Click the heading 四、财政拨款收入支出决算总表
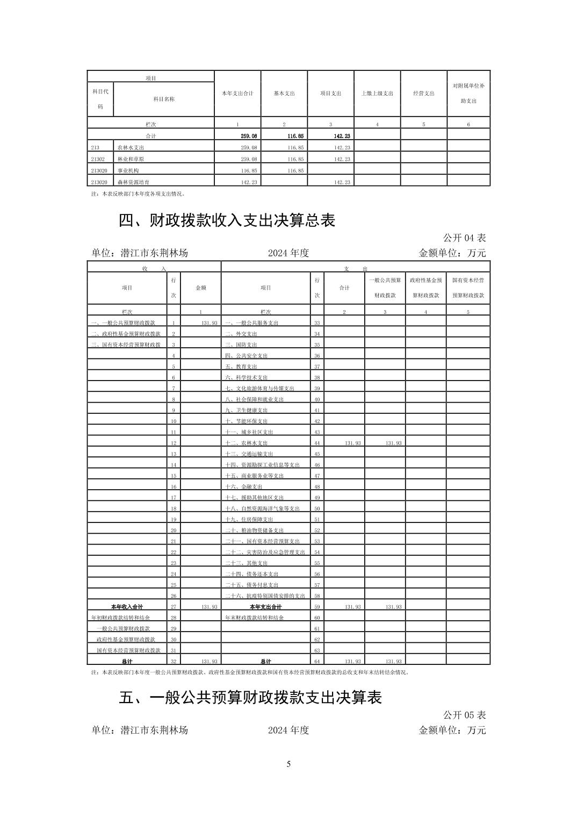pyautogui.click(x=227, y=221)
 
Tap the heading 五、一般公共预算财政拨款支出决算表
pyautogui.click(x=250, y=698)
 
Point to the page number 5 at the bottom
pyautogui.click(x=288, y=764)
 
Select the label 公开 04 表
pyautogui.click(x=464, y=238)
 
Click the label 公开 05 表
pyautogui.click(x=464, y=715)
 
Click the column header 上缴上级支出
pyautogui.click(x=377, y=94)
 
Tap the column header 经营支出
pyautogui.click(x=423, y=94)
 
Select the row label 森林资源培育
pyautogui.click(x=133, y=182)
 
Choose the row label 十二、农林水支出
pyautogui.click(x=246, y=443)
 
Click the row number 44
pyautogui.click(x=317, y=443)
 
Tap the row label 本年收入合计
pyautogui.click(x=127, y=607)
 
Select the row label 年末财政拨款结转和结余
pyautogui.click(x=254, y=618)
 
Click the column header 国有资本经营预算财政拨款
pyautogui.click(x=468, y=288)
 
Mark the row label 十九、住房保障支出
pyautogui.click(x=249, y=519)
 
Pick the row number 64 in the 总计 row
pyautogui.click(x=317, y=662)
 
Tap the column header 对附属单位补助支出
pyautogui.click(x=468, y=94)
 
